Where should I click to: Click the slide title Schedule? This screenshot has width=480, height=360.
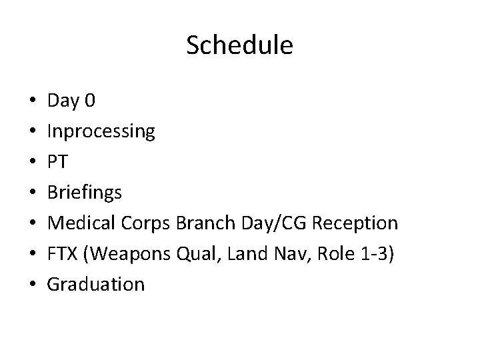point(239,46)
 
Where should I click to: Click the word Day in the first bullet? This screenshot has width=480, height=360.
point(63,101)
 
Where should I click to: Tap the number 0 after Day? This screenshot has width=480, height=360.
point(91,101)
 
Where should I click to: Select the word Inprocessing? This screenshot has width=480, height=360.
point(101,132)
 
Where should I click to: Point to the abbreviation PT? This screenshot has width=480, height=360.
point(57,162)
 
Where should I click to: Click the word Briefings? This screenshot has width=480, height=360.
point(85,193)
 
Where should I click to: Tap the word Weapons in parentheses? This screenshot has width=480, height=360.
point(129,253)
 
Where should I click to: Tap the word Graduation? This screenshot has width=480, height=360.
point(96,284)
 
